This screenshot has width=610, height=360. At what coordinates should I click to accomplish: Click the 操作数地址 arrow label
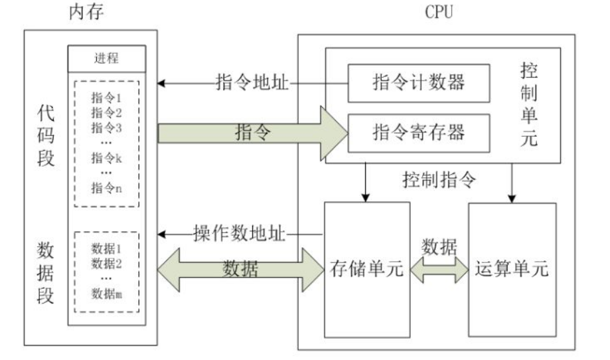click(241, 234)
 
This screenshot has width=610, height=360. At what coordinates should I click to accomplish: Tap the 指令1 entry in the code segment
click(106, 97)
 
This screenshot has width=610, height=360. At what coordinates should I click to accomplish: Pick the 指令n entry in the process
click(106, 187)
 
